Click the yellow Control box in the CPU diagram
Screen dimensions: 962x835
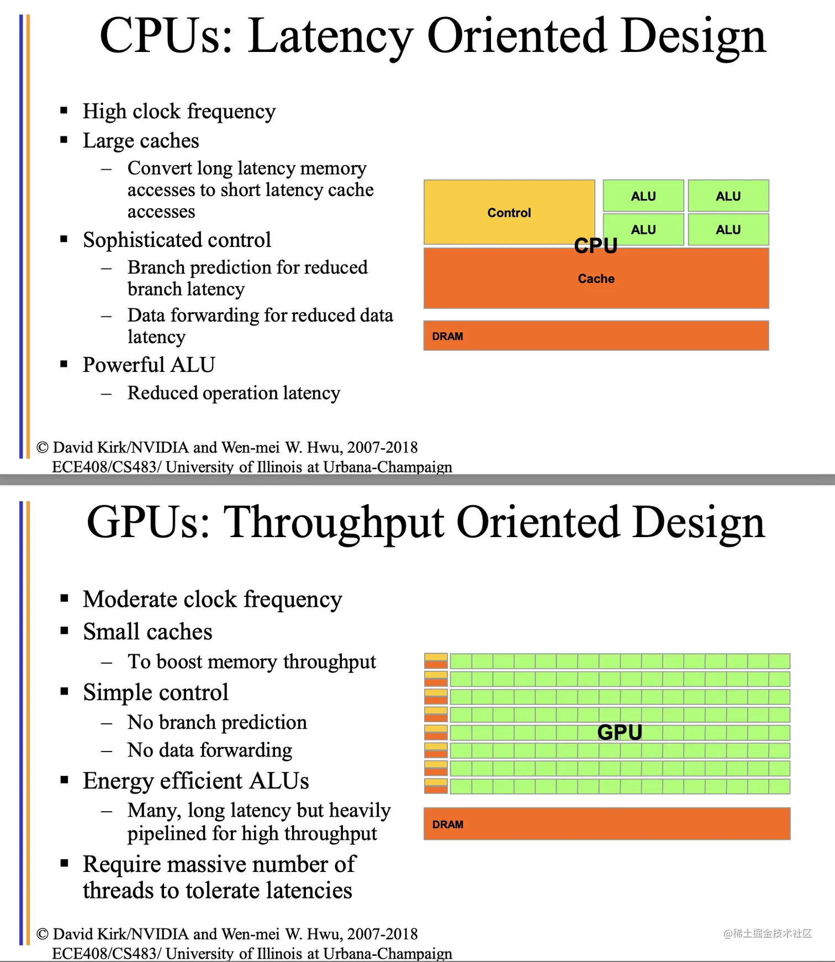pyautogui.click(x=509, y=213)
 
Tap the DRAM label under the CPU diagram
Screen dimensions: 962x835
pyautogui.click(x=448, y=337)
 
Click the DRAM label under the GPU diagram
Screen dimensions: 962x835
pyautogui.click(x=448, y=824)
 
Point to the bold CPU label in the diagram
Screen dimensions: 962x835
pyautogui.click(x=595, y=246)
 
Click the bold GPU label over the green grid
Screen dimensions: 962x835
pyautogui.click(x=620, y=732)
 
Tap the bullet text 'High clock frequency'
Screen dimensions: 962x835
pyautogui.click(x=179, y=112)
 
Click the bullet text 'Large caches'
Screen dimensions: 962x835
pyautogui.click(x=141, y=141)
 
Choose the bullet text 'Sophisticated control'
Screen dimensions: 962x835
pyautogui.click(x=177, y=240)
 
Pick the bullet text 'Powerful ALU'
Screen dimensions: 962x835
pyautogui.click(x=149, y=365)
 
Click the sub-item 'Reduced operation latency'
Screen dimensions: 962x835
pyautogui.click(x=234, y=393)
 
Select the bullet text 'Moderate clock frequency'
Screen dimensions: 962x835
pyautogui.click(x=212, y=600)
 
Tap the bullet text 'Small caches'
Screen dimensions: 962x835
pyautogui.click(x=147, y=632)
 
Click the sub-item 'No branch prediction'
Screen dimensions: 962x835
pyautogui.click(x=217, y=722)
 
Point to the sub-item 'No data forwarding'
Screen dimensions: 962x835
pyautogui.click(x=210, y=750)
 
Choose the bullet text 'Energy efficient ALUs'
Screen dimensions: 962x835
pyautogui.click(x=195, y=781)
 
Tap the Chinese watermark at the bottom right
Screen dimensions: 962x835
pyautogui.click(x=768, y=933)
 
